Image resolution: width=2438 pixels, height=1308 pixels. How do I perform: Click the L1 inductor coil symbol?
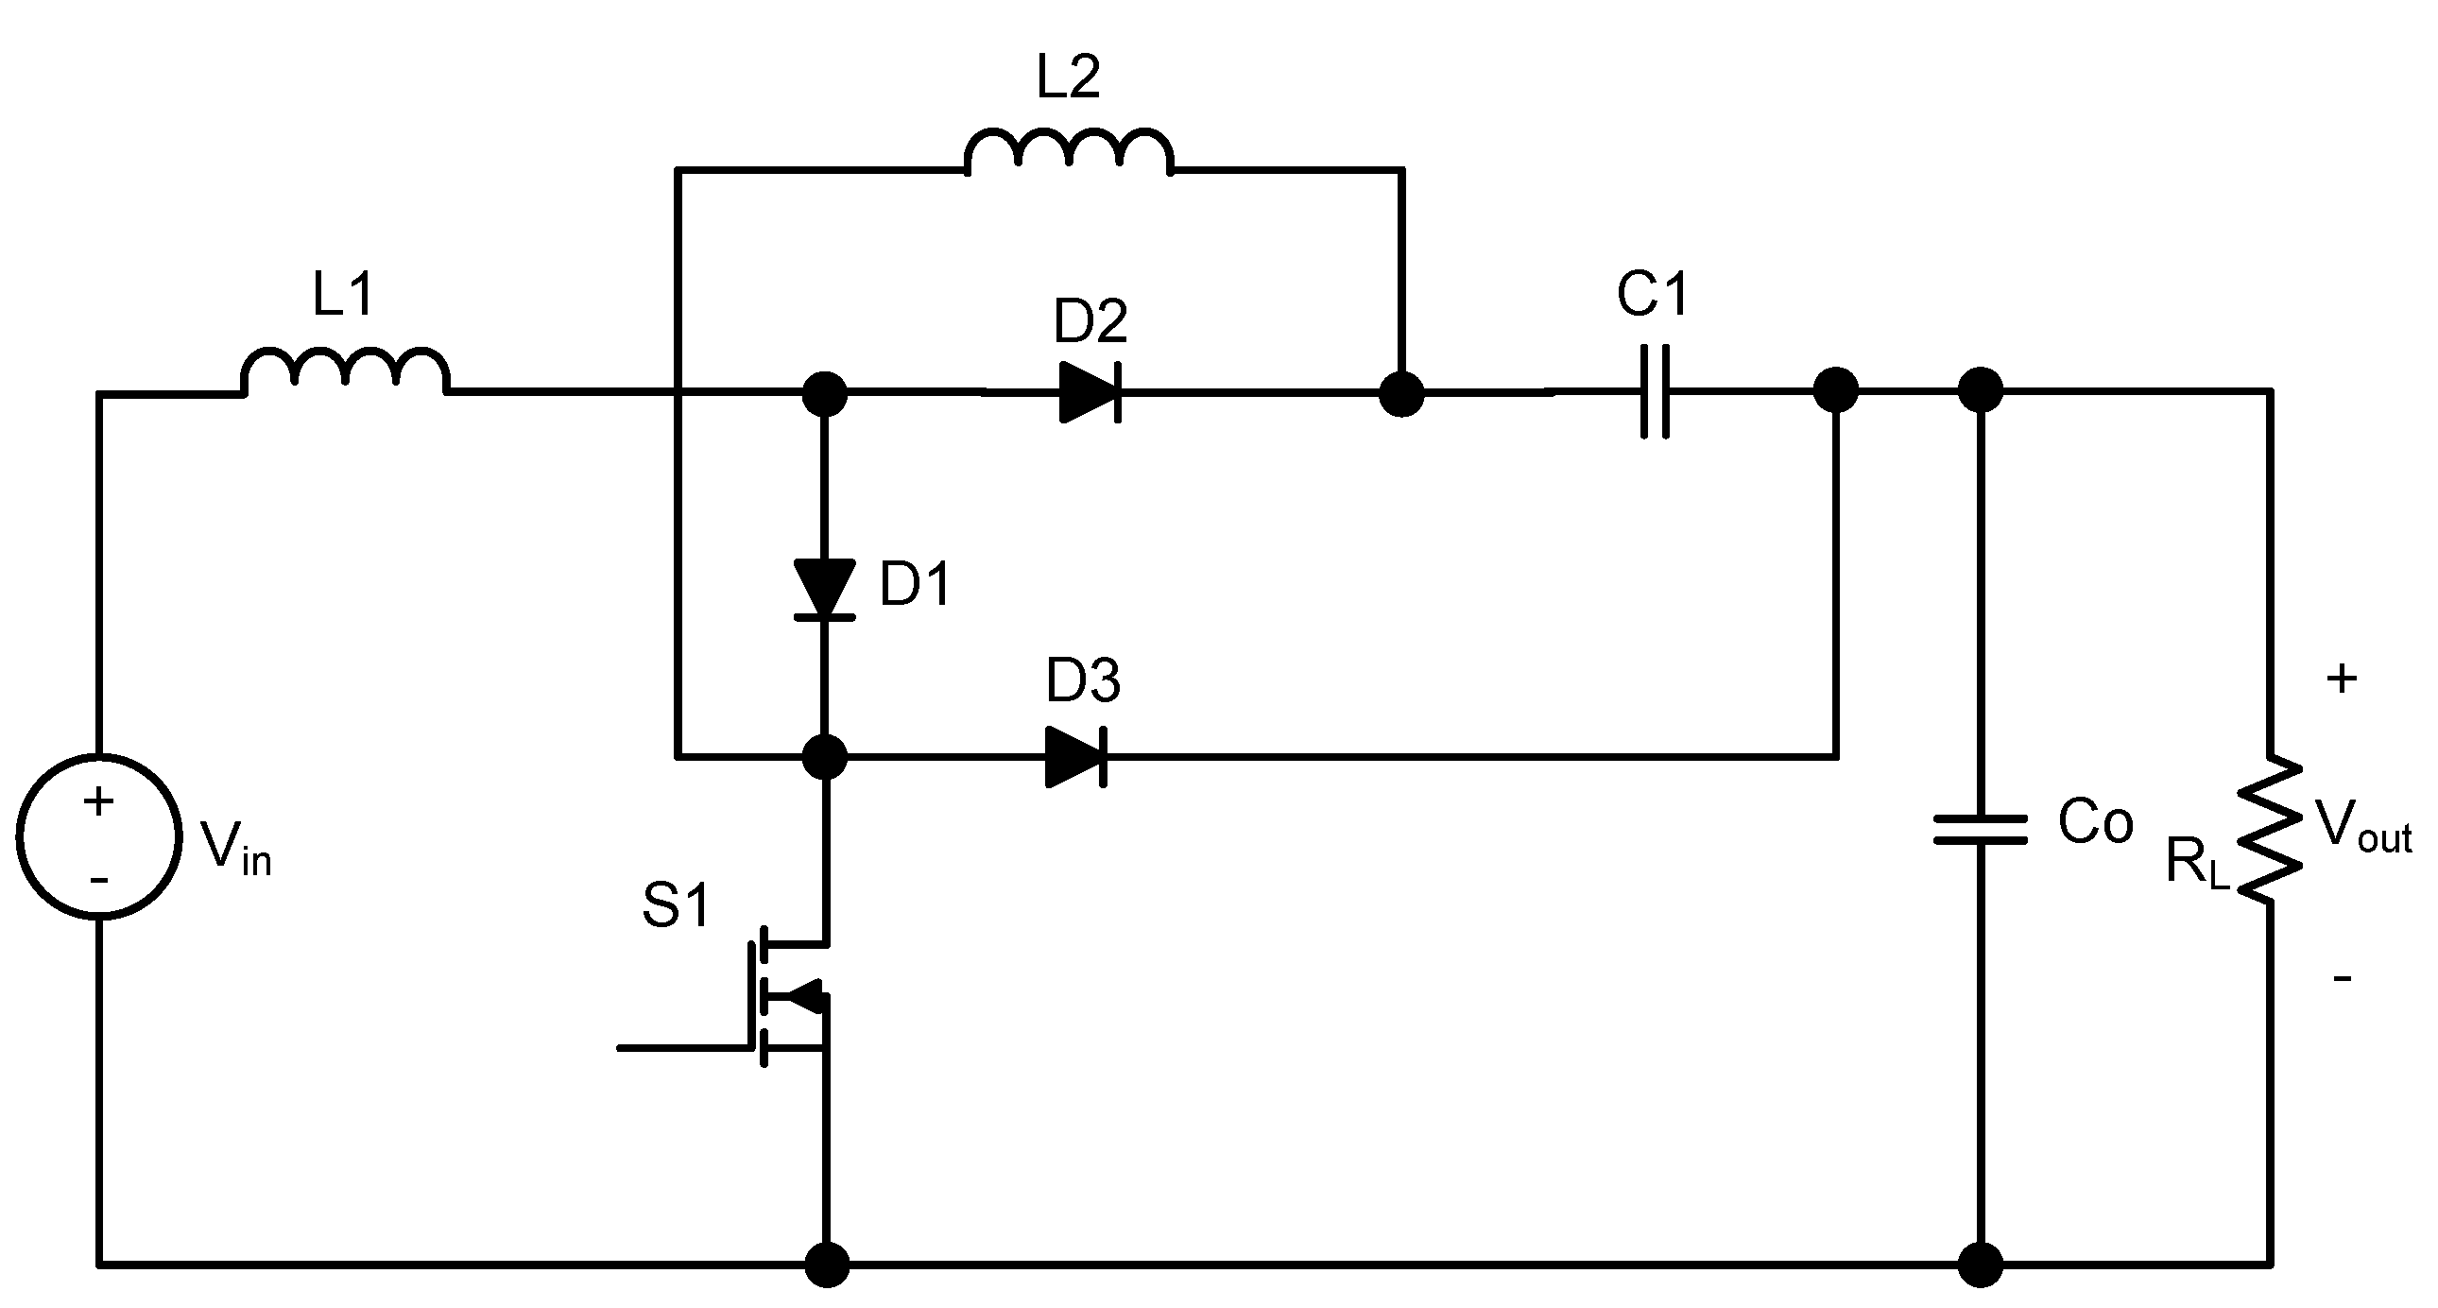[346, 371]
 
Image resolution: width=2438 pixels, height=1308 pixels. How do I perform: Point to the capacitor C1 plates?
[1655, 392]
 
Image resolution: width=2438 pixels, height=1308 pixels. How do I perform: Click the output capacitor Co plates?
[1980, 830]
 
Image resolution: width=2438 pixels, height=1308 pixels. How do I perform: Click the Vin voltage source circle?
[98, 836]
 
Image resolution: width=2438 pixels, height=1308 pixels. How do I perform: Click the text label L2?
[1069, 77]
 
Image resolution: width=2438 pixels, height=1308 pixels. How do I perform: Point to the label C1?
[1653, 293]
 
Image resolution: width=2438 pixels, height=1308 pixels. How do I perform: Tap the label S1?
[676, 904]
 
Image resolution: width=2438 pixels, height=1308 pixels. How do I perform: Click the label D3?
[1083, 680]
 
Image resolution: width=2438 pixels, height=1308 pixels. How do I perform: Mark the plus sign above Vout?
[2342, 679]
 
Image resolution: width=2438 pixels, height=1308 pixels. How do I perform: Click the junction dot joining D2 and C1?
[1401, 393]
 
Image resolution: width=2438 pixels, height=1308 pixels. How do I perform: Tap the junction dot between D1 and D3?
[824, 757]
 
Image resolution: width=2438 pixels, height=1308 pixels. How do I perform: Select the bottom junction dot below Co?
[1980, 1264]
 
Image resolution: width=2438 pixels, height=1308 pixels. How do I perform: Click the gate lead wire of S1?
[681, 1048]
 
